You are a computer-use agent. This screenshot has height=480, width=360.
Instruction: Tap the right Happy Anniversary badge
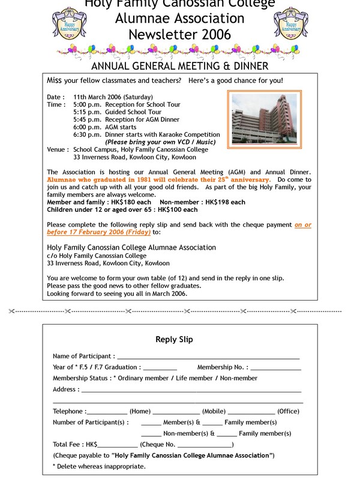tap(294, 23)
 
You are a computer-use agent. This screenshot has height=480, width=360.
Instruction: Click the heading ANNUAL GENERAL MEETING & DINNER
tap(179, 65)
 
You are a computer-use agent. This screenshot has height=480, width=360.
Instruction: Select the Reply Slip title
tap(174, 340)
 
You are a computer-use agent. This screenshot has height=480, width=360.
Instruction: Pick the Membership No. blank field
tap(275, 367)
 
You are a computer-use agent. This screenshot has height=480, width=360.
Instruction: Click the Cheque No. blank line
tap(204, 445)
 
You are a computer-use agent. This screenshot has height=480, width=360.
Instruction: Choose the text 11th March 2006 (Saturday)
tap(113, 97)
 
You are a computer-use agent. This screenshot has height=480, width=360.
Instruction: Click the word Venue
tap(56, 149)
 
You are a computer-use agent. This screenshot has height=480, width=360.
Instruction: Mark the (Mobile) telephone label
tap(214, 412)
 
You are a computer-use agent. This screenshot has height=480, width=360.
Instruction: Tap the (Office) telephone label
tap(289, 412)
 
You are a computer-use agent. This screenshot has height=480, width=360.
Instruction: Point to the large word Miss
tap(55, 80)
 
